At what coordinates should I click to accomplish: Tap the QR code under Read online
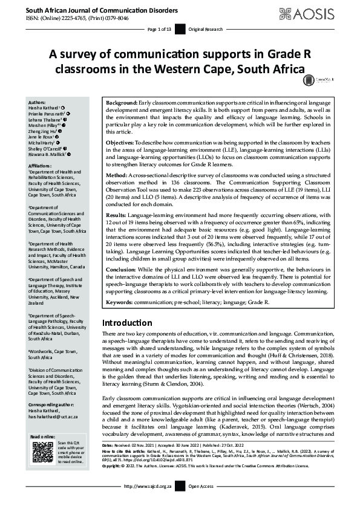42,452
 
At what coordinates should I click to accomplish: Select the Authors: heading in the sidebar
37,103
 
